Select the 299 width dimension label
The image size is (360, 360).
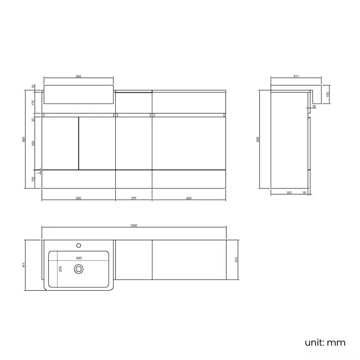click(x=134, y=198)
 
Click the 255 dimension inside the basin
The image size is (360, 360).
click(x=60, y=269)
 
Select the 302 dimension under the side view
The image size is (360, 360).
click(x=289, y=193)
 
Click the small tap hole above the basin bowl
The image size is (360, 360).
click(x=79, y=244)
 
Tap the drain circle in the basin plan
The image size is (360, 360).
click(x=79, y=269)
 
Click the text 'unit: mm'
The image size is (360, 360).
click(x=325, y=343)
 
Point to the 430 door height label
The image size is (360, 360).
click(x=33, y=143)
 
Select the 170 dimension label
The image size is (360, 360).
click(x=33, y=102)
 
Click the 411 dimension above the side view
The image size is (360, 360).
click(x=296, y=76)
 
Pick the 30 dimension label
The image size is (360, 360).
click(x=33, y=118)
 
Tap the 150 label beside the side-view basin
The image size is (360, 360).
click(x=327, y=94)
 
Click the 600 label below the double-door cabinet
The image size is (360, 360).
click(x=78, y=198)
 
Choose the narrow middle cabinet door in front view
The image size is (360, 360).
click(x=133, y=143)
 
